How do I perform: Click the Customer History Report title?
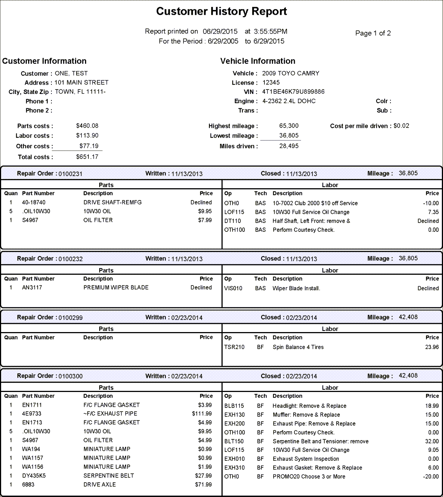pyautogui.click(x=221, y=11)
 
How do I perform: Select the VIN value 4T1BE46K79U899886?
pyautogui.click(x=293, y=92)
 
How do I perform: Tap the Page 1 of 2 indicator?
pyautogui.click(x=373, y=33)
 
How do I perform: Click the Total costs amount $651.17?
pyautogui.click(x=87, y=157)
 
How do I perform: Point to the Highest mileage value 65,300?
pyautogui.click(x=289, y=126)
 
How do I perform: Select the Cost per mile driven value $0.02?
pyautogui.click(x=401, y=126)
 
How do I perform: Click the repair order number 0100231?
pyautogui.click(x=70, y=174)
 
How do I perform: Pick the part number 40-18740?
pyautogui.click(x=34, y=202)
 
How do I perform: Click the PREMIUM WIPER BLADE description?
pyautogui.click(x=116, y=287)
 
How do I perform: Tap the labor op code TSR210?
pyautogui.click(x=234, y=347)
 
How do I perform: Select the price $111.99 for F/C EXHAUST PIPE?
pyautogui.click(x=202, y=413)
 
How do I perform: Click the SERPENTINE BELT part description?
pyautogui.click(x=109, y=476)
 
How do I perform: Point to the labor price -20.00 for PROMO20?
pyautogui.click(x=431, y=477)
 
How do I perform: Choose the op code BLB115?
pyautogui.click(x=234, y=406)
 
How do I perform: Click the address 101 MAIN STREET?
pyautogui.click(x=81, y=82)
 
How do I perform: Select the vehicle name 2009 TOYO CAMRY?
pyautogui.click(x=291, y=73)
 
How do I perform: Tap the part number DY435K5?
pyautogui.click(x=34, y=476)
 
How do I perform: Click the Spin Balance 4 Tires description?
pyautogui.click(x=298, y=347)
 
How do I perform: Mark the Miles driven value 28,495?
pyautogui.click(x=289, y=146)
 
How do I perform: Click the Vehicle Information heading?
pyautogui.click(x=258, y=61)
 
